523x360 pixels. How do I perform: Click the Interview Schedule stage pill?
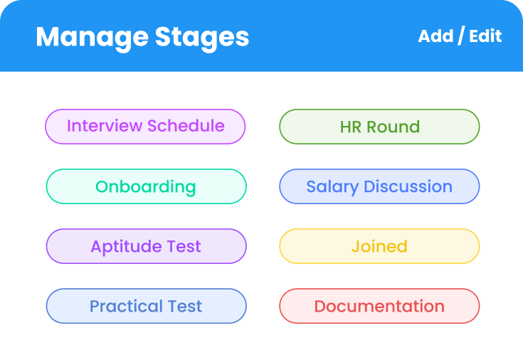point(145,127)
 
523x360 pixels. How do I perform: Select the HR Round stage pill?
point(379,127)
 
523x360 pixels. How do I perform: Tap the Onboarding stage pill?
point(146,186)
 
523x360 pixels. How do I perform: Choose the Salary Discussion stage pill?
point(379,186)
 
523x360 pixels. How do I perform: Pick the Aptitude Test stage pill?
point(146,246)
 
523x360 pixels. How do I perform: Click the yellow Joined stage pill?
point(379,246)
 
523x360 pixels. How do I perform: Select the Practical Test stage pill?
point(146,306)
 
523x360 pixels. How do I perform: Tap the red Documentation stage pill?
point(379,306)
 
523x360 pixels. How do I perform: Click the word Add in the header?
point(435,36)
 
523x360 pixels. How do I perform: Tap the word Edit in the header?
point(486,36)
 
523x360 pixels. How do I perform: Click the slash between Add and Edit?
point(460,36)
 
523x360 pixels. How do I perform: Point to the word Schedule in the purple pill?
point(186,127)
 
